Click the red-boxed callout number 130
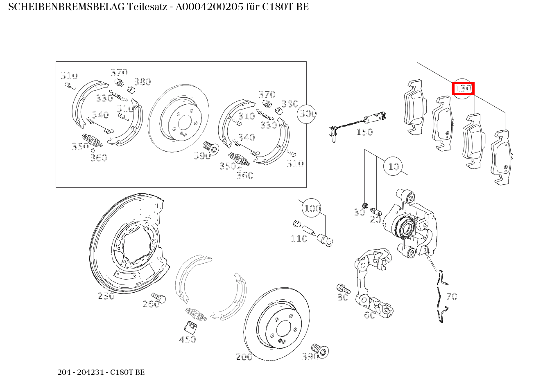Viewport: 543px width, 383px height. click(x=463, y=88)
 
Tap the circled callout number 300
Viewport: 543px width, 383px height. click(x=308, y=114)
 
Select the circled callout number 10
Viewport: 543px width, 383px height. click(x=394, y=166)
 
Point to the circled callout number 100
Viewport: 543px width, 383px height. click(x=312, y=208)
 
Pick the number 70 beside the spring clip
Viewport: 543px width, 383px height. click(x=451, y=296)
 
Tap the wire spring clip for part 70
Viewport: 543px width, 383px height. click(x=441, y=296)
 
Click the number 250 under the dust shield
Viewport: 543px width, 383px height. click(x=106, y=296)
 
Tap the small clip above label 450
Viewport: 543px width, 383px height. click(x=190, y=327)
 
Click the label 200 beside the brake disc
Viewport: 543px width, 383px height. click(x=244, y=357)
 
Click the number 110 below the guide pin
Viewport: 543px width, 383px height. click(x=299, y=239)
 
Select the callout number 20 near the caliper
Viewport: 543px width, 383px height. click(x=376, y=219)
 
